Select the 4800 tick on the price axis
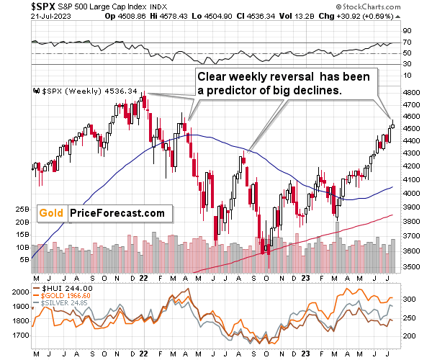click(x=413, y=94)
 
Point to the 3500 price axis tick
click(x=413, y=267)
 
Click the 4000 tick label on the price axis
click(x=413, y=194)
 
